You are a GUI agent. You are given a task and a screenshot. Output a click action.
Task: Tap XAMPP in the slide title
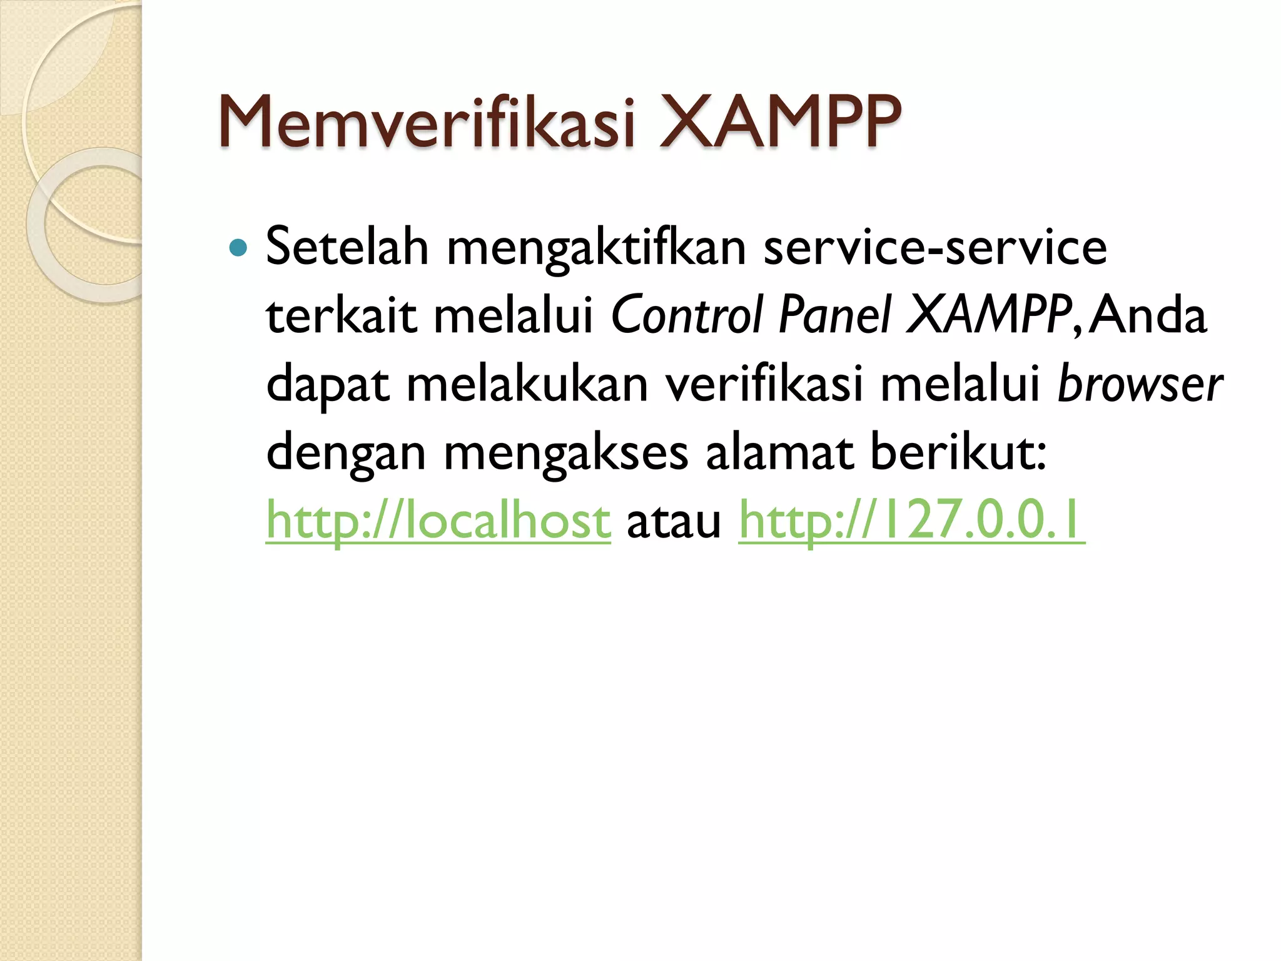coord(781,121)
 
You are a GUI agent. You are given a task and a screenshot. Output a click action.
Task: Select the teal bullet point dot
coord(238,248)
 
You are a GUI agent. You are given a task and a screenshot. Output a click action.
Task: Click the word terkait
coord(341,315)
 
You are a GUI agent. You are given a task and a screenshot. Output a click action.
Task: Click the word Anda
coord(1148,315)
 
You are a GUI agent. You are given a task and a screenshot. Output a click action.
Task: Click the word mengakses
coord(565,453)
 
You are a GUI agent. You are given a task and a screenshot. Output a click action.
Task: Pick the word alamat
coord(779,452)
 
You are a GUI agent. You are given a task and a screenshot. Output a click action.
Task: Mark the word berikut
coord(957,452)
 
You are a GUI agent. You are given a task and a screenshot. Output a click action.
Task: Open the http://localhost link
coord(438,521)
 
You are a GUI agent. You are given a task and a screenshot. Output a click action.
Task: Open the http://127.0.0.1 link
coord(911,521)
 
